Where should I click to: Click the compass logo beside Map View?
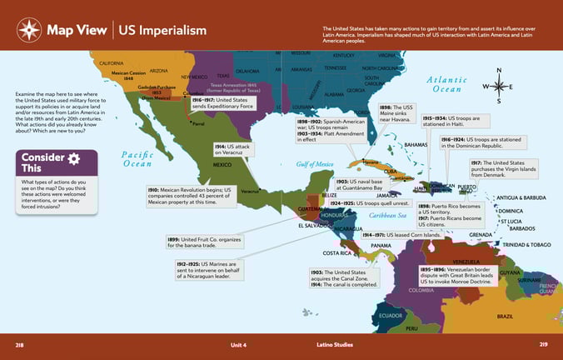29,31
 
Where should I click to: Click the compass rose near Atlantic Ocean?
498,87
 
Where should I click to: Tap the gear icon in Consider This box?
74,158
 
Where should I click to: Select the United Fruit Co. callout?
204,242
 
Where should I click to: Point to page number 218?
21,344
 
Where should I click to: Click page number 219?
543,344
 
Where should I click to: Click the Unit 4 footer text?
240,344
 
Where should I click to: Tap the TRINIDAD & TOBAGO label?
526,245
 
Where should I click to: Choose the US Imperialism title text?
162,31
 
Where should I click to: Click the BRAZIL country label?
505,317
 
